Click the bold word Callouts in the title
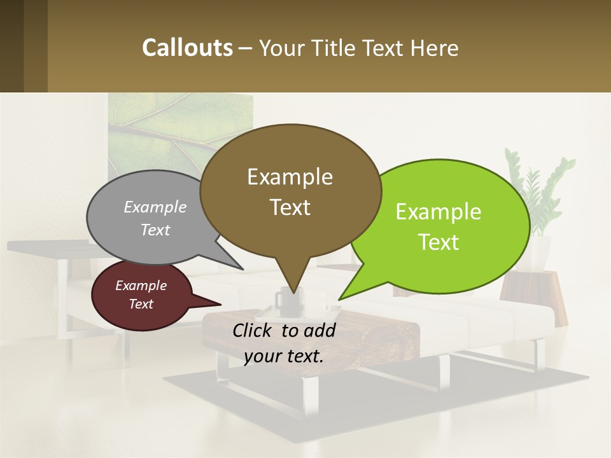coord(187,48)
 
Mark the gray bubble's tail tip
coord(242,268)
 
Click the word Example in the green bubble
coord(439,212)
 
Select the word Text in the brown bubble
coord(290,207)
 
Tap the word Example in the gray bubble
coord(155,207)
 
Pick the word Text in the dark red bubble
coord(141,304)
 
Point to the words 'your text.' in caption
coord(284,356)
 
